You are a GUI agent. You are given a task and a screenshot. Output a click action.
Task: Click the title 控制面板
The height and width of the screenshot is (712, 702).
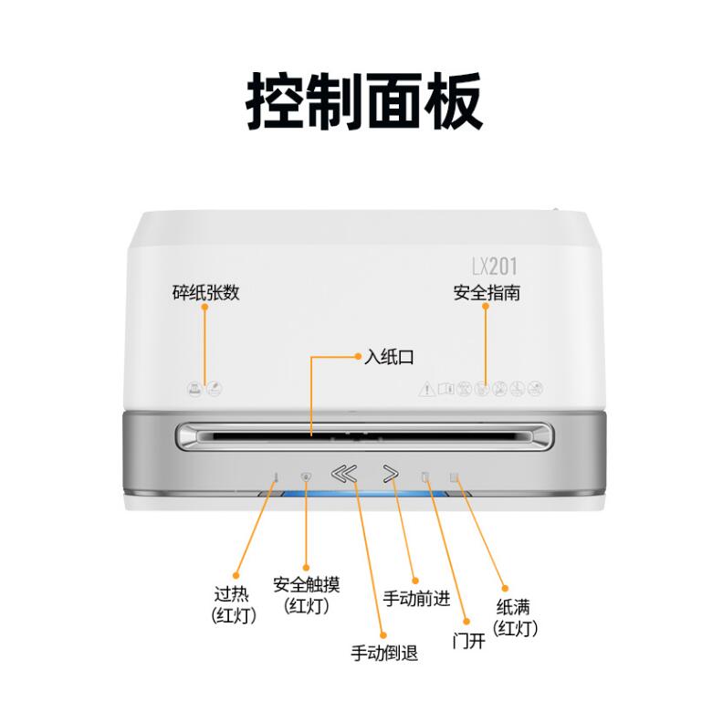click(x=363, y=101)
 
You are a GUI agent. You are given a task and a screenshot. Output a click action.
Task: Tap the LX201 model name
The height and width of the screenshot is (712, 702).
click(x=495, y=267)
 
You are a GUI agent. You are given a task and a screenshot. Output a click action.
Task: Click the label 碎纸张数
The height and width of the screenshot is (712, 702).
click(x=205, y=292)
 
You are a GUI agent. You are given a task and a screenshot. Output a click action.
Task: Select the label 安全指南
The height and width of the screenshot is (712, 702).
click(x=487, y=293)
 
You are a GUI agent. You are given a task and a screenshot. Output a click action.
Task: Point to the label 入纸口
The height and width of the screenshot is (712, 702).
click(x=389, y=357)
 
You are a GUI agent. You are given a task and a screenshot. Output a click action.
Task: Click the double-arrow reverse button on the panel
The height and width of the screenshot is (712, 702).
click(x=344, y=474)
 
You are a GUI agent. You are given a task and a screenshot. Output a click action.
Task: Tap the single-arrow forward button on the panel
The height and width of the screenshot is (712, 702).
click(x=391, y=474)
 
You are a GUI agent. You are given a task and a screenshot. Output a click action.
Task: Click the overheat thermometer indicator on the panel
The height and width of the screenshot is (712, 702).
click(x=276, y=477)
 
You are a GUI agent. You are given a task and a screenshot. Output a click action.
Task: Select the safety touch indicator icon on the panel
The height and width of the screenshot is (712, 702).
click(x=306, y=476)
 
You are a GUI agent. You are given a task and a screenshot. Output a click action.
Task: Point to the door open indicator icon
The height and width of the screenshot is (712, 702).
click(x=425, y=476)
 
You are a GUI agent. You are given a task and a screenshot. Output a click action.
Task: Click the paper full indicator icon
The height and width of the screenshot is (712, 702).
click(x=454, y=477)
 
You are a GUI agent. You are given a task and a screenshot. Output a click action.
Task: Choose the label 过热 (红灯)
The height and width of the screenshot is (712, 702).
click(x=234, y=605)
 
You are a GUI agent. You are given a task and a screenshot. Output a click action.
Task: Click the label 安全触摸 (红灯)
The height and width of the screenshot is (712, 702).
click(x=307, y=595)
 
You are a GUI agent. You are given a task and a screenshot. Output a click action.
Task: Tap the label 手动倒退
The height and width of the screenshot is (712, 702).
click(x=384, y=653)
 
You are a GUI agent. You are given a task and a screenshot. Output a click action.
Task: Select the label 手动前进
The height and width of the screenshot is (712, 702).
click(x=416, y=599)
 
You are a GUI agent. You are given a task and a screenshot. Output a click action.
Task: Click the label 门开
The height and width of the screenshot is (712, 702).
click(x=468, y=641)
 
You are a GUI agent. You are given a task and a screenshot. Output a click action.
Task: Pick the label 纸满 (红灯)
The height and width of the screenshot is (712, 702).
click(x=515, y=618)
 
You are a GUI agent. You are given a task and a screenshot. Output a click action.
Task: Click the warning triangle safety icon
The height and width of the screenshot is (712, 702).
click(x=427, y=389)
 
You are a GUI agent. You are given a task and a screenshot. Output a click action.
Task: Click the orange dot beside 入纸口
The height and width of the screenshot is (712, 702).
click(x=358, y=357)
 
